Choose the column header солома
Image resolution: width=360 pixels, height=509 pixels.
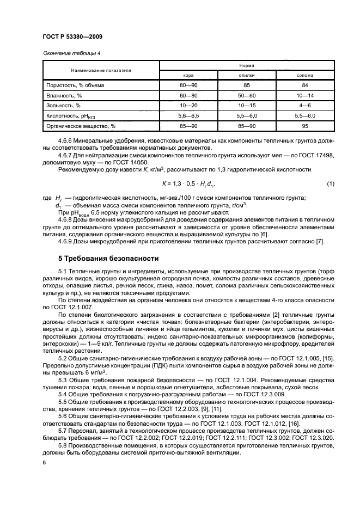click(x=304, y=75)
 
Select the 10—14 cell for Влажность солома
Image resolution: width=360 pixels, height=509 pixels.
click(x=304, y=95)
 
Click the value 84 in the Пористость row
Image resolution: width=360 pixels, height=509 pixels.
click(x=304, y=85)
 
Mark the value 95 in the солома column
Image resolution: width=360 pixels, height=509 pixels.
click(x=304, y=126)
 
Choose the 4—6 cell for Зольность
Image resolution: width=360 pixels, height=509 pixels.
click(x=304, y=106)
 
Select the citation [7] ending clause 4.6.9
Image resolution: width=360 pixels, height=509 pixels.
click(x=320, y=242)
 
